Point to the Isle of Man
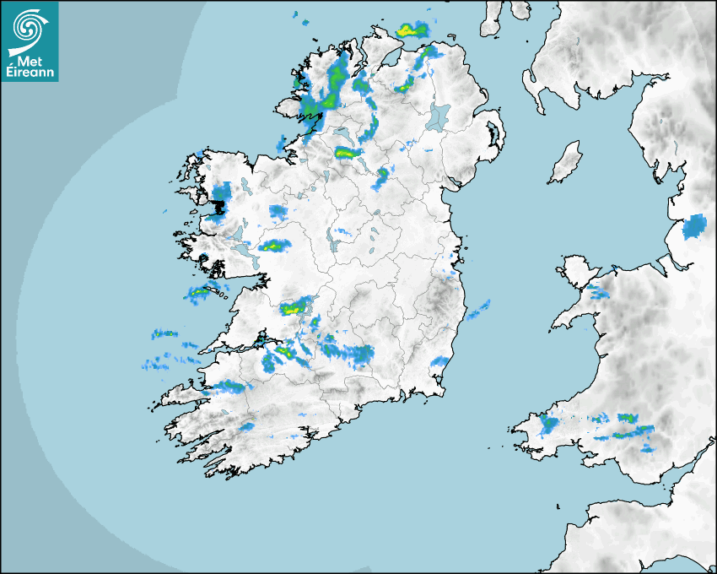[x=565, y=163]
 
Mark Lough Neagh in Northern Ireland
[x=439, y=116]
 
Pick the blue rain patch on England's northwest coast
[x=694, y=226]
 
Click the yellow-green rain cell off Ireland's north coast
[x=412, y=30]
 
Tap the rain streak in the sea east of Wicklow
[x=478, y=310]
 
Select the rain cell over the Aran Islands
[x=199, y=294]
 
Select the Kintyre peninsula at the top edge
[x=492, y=19]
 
